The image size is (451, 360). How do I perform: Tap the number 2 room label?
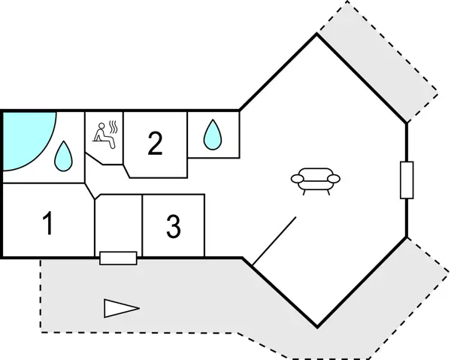point(155,143)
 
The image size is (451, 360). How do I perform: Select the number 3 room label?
point(174,227)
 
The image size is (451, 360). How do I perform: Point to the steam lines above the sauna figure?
point(113,125)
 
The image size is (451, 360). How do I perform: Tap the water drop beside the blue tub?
point(63,156)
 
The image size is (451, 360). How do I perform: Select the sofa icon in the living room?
point(316,180)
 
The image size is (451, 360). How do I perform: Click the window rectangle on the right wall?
point(407,180)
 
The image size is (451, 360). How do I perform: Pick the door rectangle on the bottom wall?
point(118,259)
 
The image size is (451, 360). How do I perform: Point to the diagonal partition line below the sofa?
point(274,241)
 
